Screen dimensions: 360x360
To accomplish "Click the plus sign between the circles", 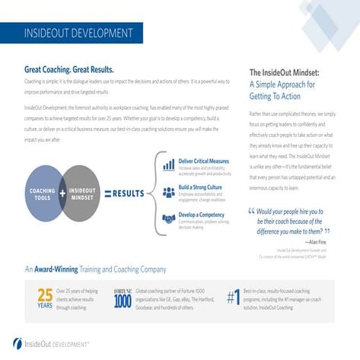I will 63,193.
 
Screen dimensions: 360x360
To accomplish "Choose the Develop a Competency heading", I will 202,215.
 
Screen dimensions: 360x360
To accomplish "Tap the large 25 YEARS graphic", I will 45,298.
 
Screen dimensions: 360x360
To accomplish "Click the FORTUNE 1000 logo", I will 123,298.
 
